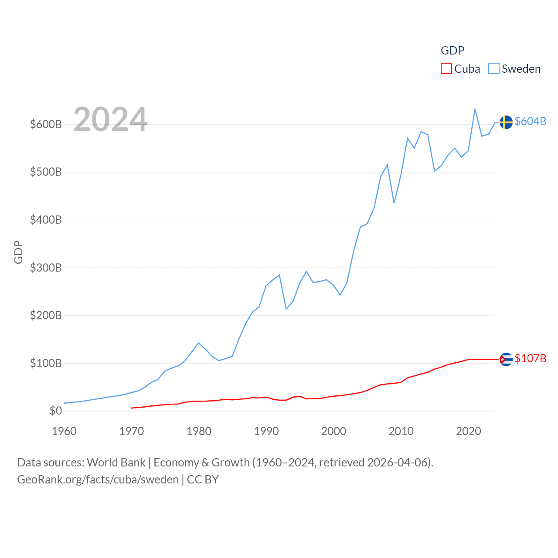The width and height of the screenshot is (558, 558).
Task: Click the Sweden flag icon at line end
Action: [x=506, y=122]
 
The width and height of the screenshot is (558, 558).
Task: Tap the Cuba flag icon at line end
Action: [x=506, y=359]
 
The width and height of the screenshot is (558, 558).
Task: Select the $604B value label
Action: [x=530, y=121]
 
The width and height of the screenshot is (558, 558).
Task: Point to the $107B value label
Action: [x=530, y=358]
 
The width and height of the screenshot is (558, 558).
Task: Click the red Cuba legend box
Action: [x=446, y=69]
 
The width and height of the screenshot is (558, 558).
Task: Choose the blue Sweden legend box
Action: [x=493, y=69]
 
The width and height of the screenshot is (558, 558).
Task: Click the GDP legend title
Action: [x=453, y=51]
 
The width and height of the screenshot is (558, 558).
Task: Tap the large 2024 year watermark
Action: [x=110, y=119]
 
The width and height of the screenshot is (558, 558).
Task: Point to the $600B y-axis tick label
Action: [x=46, y=124]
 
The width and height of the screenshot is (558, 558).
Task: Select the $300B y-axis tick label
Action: [x=46, y=268]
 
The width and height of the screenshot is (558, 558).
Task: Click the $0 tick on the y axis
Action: [x=55, y=411]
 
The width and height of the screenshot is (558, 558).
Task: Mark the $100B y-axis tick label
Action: [x=46, y=363]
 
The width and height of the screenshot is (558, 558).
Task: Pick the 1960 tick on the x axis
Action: [x=64, y=431]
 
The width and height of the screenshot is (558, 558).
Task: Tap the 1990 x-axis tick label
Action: [x=266, y=431]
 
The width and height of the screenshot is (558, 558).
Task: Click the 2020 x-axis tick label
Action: [x=469, y=431]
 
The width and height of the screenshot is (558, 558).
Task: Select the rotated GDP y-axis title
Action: [x=18, y=252]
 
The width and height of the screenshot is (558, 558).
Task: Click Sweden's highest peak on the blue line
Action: [x=475, y=109]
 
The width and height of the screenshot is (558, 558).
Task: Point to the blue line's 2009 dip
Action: [x=394, y=203]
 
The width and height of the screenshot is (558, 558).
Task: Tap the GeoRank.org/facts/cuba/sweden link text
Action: [x=98, y=480]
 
